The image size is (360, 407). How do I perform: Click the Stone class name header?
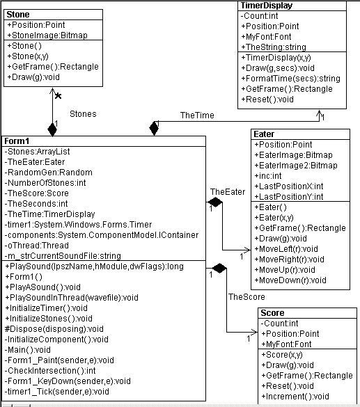coord(18,15)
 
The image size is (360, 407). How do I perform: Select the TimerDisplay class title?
coord(267,6)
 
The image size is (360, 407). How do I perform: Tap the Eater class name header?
coord(264,134)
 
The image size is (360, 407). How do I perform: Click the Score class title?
coord(272,313)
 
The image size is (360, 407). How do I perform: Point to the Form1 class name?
coord(17,141)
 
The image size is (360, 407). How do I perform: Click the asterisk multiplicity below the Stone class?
coord(58,96)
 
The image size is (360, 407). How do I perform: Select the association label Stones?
coord(83,114)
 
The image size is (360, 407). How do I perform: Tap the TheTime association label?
coord(197,115)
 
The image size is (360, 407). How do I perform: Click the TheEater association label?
coord(228,192)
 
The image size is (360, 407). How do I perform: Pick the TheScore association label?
coord(246,296)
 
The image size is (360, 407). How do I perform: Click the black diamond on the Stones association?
coord(52,130)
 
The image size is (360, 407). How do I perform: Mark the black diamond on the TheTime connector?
coord(154,128)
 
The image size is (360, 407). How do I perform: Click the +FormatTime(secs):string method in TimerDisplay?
coord(290,79)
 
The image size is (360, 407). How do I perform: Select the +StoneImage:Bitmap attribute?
coord(47,35)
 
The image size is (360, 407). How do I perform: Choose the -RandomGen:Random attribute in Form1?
coord(48,173)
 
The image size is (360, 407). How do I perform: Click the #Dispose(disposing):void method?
coord(54,329)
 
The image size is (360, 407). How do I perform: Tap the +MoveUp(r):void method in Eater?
coord(285,270)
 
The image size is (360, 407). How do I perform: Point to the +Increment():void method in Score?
coord(295,397)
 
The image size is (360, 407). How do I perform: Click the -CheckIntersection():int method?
coord(50,371)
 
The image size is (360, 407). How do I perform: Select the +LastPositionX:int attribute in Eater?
coord(289,186)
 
